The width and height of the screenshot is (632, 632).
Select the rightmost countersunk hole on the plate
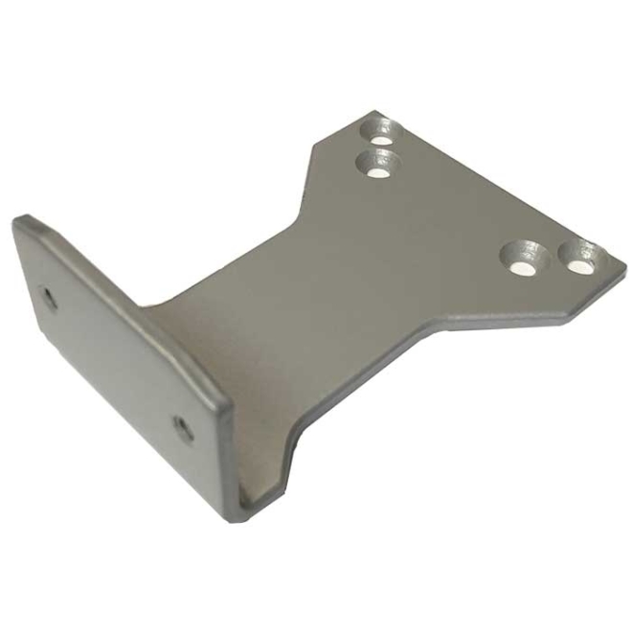click(x=581, y=259)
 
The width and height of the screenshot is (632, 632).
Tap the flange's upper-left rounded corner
click(x=21, y=222)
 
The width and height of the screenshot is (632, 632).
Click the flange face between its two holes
click(x=115, y=364)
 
